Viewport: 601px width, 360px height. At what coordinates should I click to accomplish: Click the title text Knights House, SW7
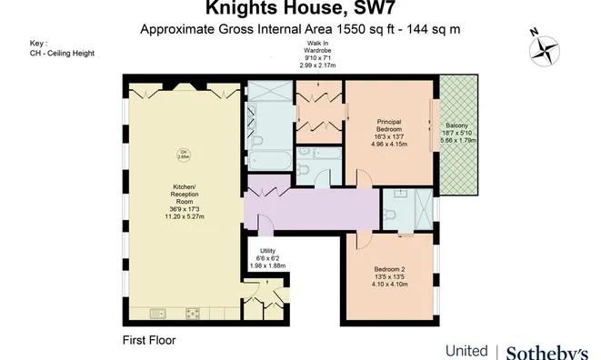point(300,10)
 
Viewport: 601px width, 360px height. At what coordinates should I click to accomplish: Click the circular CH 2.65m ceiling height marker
point(182,153)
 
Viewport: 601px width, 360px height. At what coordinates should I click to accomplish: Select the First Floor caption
point(149,340)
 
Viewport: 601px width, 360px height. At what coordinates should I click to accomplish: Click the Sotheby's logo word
point(546,351)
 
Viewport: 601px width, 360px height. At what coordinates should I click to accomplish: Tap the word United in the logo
point(466,351)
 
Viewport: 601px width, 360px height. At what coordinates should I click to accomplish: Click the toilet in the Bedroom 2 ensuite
point(389,215)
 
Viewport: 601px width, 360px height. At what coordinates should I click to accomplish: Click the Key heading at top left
point(37,43)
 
